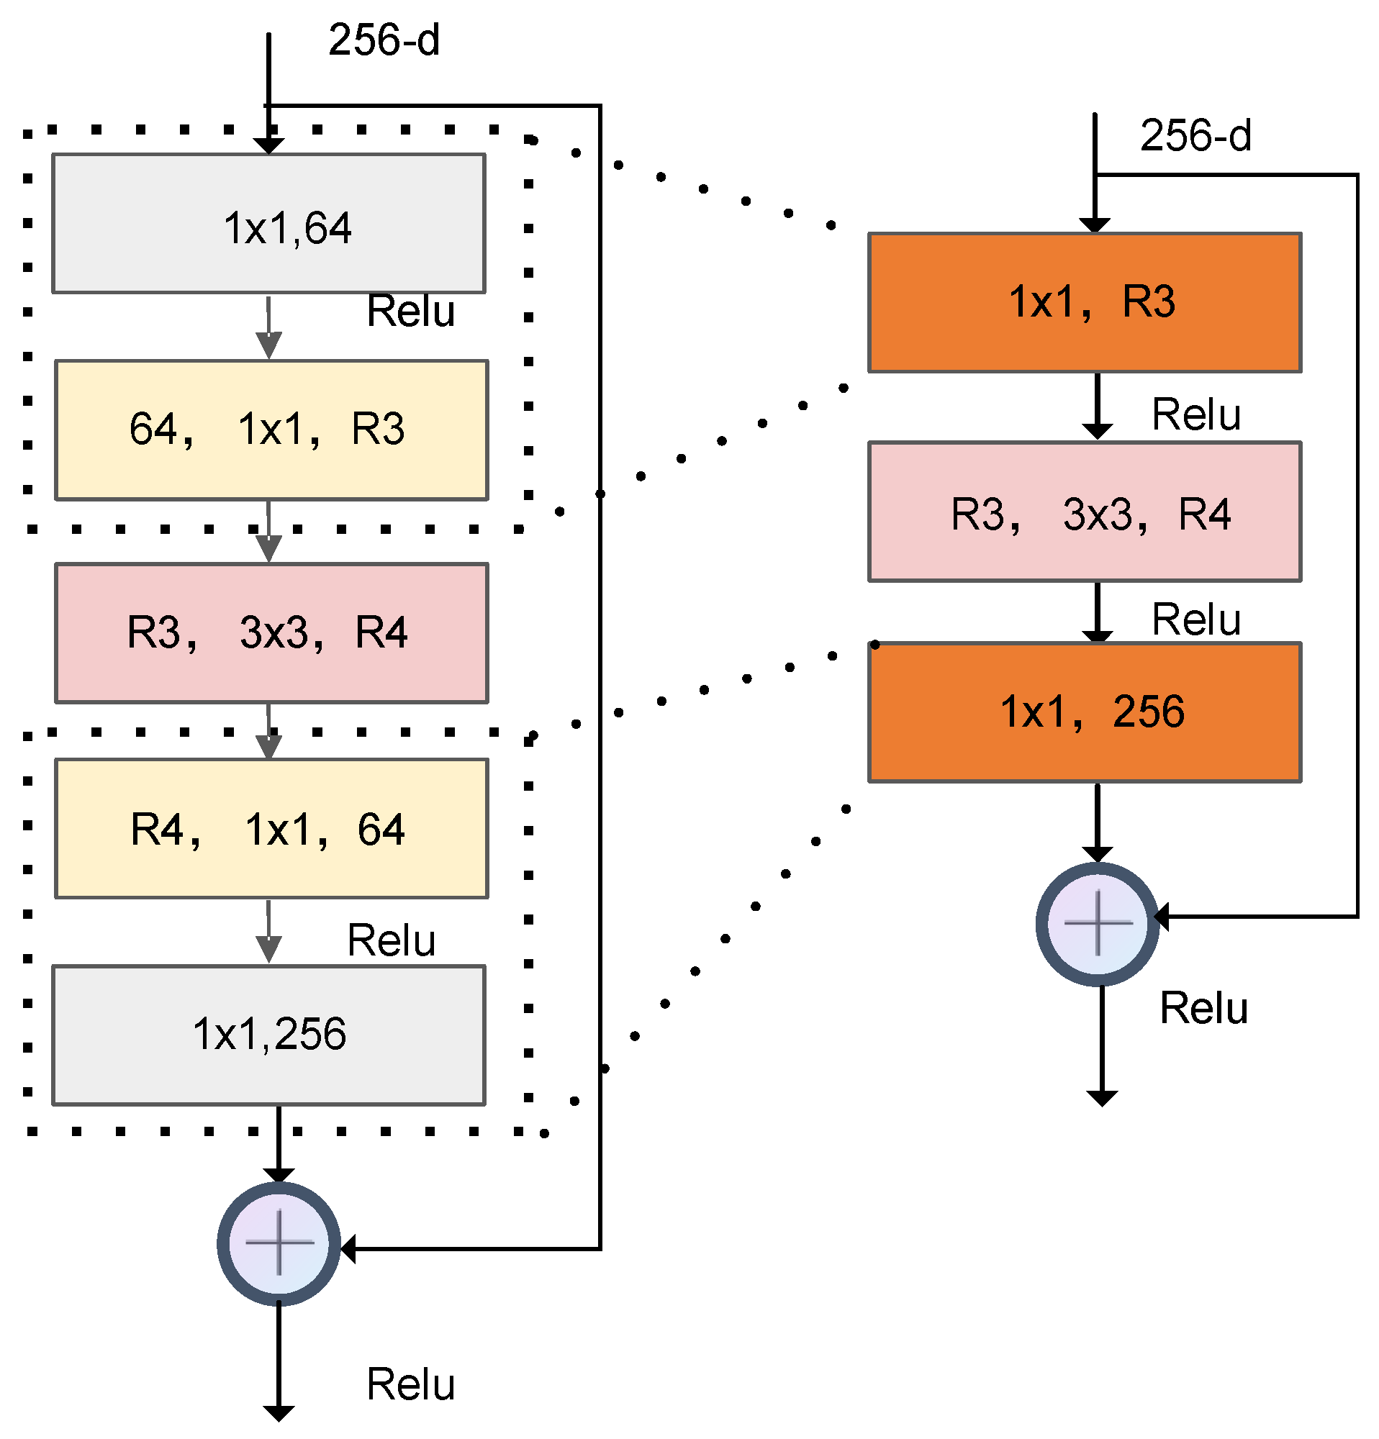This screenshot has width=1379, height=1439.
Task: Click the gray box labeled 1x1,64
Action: pos(268,223)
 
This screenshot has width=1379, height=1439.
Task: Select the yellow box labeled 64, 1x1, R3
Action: pos(271,430)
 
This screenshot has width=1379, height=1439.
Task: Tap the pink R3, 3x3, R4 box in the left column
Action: pos(271,634)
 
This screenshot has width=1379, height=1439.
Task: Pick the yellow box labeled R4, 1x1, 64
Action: pos(271,829)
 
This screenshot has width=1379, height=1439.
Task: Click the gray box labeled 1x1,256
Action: pos(268,1035)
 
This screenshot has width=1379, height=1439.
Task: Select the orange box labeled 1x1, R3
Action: pos(1085,302)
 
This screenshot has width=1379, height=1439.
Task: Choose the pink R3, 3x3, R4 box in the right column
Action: pos(1085,512)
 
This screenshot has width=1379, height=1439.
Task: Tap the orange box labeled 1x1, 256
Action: pos(1085,712)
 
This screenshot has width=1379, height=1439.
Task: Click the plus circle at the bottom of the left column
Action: pos(279,1244)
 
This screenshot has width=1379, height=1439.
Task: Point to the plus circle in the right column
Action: pos(1097,924)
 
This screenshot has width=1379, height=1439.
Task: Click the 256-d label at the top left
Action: pos(384,40)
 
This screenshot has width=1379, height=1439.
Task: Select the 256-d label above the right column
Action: pos(1195,136)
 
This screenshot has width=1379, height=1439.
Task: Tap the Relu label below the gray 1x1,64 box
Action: pos(410,312)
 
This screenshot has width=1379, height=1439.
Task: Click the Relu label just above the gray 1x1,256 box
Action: pos(392,940)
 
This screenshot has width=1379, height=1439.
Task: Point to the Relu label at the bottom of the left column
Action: pos(410,1384)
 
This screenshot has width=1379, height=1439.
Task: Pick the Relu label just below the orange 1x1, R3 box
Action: pos(1196,415)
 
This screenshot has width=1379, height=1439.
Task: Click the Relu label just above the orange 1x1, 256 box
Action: pos(1196,619)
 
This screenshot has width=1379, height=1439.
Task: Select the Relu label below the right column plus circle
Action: pos(1203,1008)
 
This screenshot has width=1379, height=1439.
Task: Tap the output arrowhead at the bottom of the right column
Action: pos(1101,1099)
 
